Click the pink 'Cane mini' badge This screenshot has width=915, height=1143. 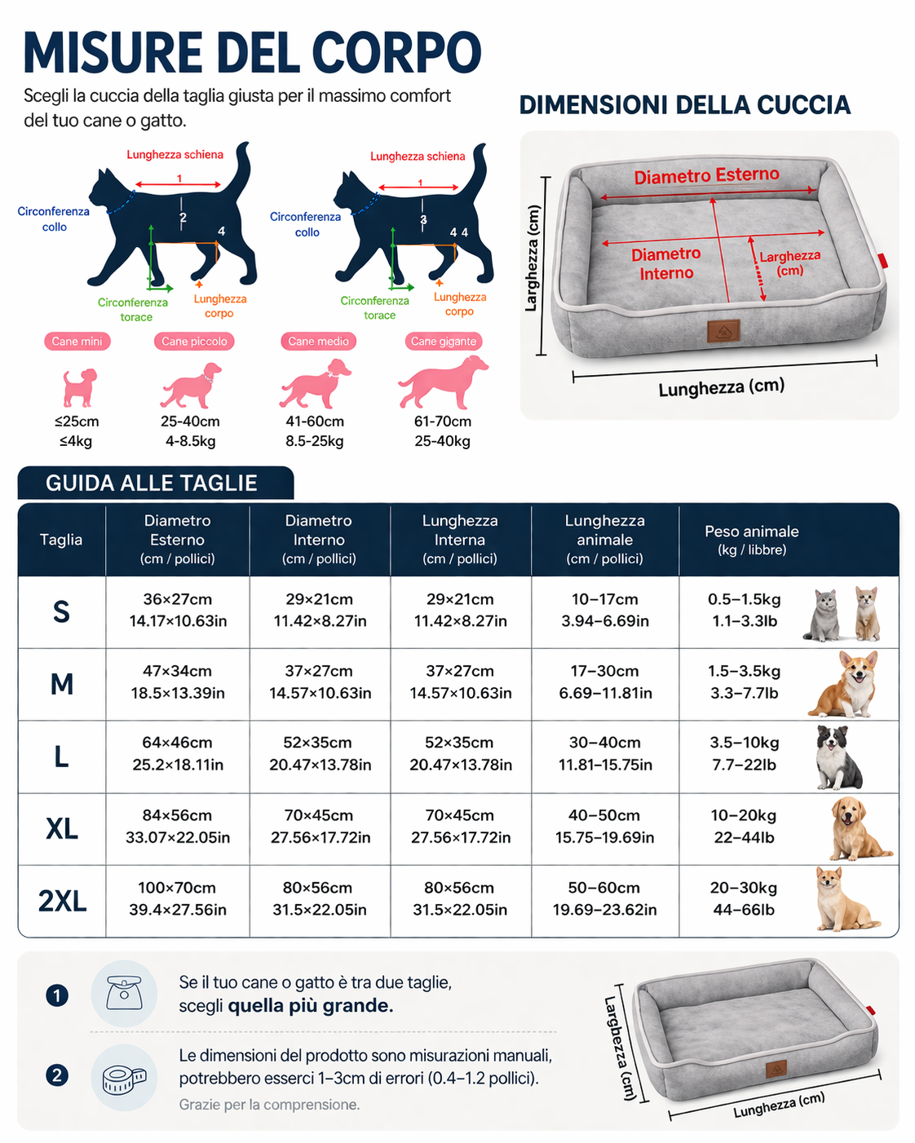pyautogui.click(x=77, y=341)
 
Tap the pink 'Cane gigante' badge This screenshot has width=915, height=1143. pyautogui.click(x=443, y=341)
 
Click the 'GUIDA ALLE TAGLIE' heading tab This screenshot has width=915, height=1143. pyautogui.click(x=155, y=483)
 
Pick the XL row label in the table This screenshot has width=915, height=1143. pyautogui.click(x=62, y=828)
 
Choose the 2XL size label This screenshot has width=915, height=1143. pyautogui.click(x=62, y=900)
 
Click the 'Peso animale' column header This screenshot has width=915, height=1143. pyautogui.click(x=751, y=540)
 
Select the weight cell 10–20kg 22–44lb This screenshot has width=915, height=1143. pyautogui.click(x=744, y=826)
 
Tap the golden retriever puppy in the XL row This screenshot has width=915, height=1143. pyautogui.click(x=859, y=828)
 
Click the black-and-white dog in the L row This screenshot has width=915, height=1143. pyautogui.click(x=838, y=757)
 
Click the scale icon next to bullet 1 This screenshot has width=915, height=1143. pyautogui.click(x=124, y=993)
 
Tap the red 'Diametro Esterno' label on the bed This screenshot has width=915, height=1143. pyautogui.click(x=707, y=176)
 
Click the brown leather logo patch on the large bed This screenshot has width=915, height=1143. pyautogui.click(x=723, y=331)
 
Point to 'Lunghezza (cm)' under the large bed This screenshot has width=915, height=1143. pyautogui.click(x=722, y=388)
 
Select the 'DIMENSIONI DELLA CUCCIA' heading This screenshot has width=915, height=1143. pyautogui.click(x=685, y=104)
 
